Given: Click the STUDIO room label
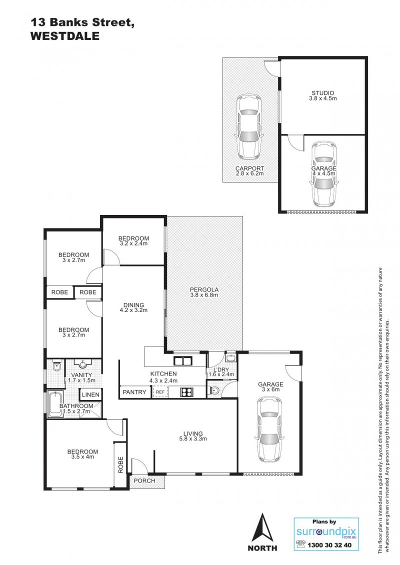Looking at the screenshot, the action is click(323, 93).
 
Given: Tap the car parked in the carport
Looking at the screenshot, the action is click(248, 126).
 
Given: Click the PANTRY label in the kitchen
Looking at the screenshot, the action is click(134, 392).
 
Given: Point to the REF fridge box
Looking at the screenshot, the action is click(160, 392).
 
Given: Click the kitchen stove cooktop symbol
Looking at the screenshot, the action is click(186, 392).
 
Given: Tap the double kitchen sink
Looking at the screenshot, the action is click(183, 360).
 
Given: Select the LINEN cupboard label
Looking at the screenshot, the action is click(90, 395).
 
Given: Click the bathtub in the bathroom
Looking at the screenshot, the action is click(55, 404).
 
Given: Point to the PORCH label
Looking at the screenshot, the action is click(144, 480).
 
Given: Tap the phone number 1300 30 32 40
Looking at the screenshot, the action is click(329, 545).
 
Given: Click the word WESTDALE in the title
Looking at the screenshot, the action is click(65, 36).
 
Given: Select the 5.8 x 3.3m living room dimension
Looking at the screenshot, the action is click(193, 439).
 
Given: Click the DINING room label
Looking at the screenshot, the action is click(133, 305).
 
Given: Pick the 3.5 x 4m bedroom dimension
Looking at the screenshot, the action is click(82, 456).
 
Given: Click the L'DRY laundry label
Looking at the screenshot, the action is click(221, 369).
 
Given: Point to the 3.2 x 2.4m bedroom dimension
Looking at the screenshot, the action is click(133, 243).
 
